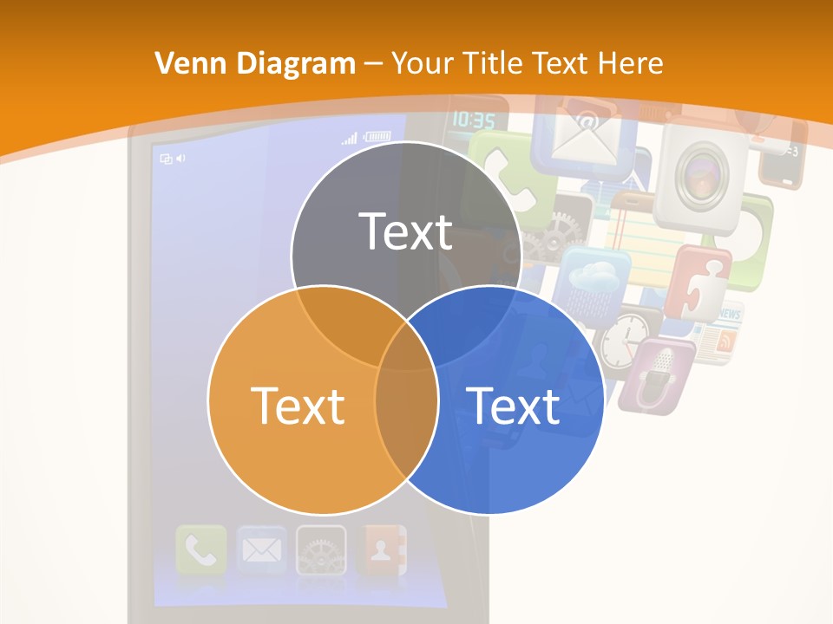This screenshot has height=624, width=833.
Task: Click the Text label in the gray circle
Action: tap(406, 231)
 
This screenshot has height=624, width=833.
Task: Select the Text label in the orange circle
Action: tap(298, 405)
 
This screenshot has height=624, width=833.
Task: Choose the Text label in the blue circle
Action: tap(514, 405)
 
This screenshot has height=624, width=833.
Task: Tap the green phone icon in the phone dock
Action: tap(201, 550)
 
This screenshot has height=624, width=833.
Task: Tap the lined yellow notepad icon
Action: tap(642, 231)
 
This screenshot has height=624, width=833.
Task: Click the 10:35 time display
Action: tap(474, 120)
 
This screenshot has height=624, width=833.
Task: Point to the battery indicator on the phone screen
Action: tap(378, 136)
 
